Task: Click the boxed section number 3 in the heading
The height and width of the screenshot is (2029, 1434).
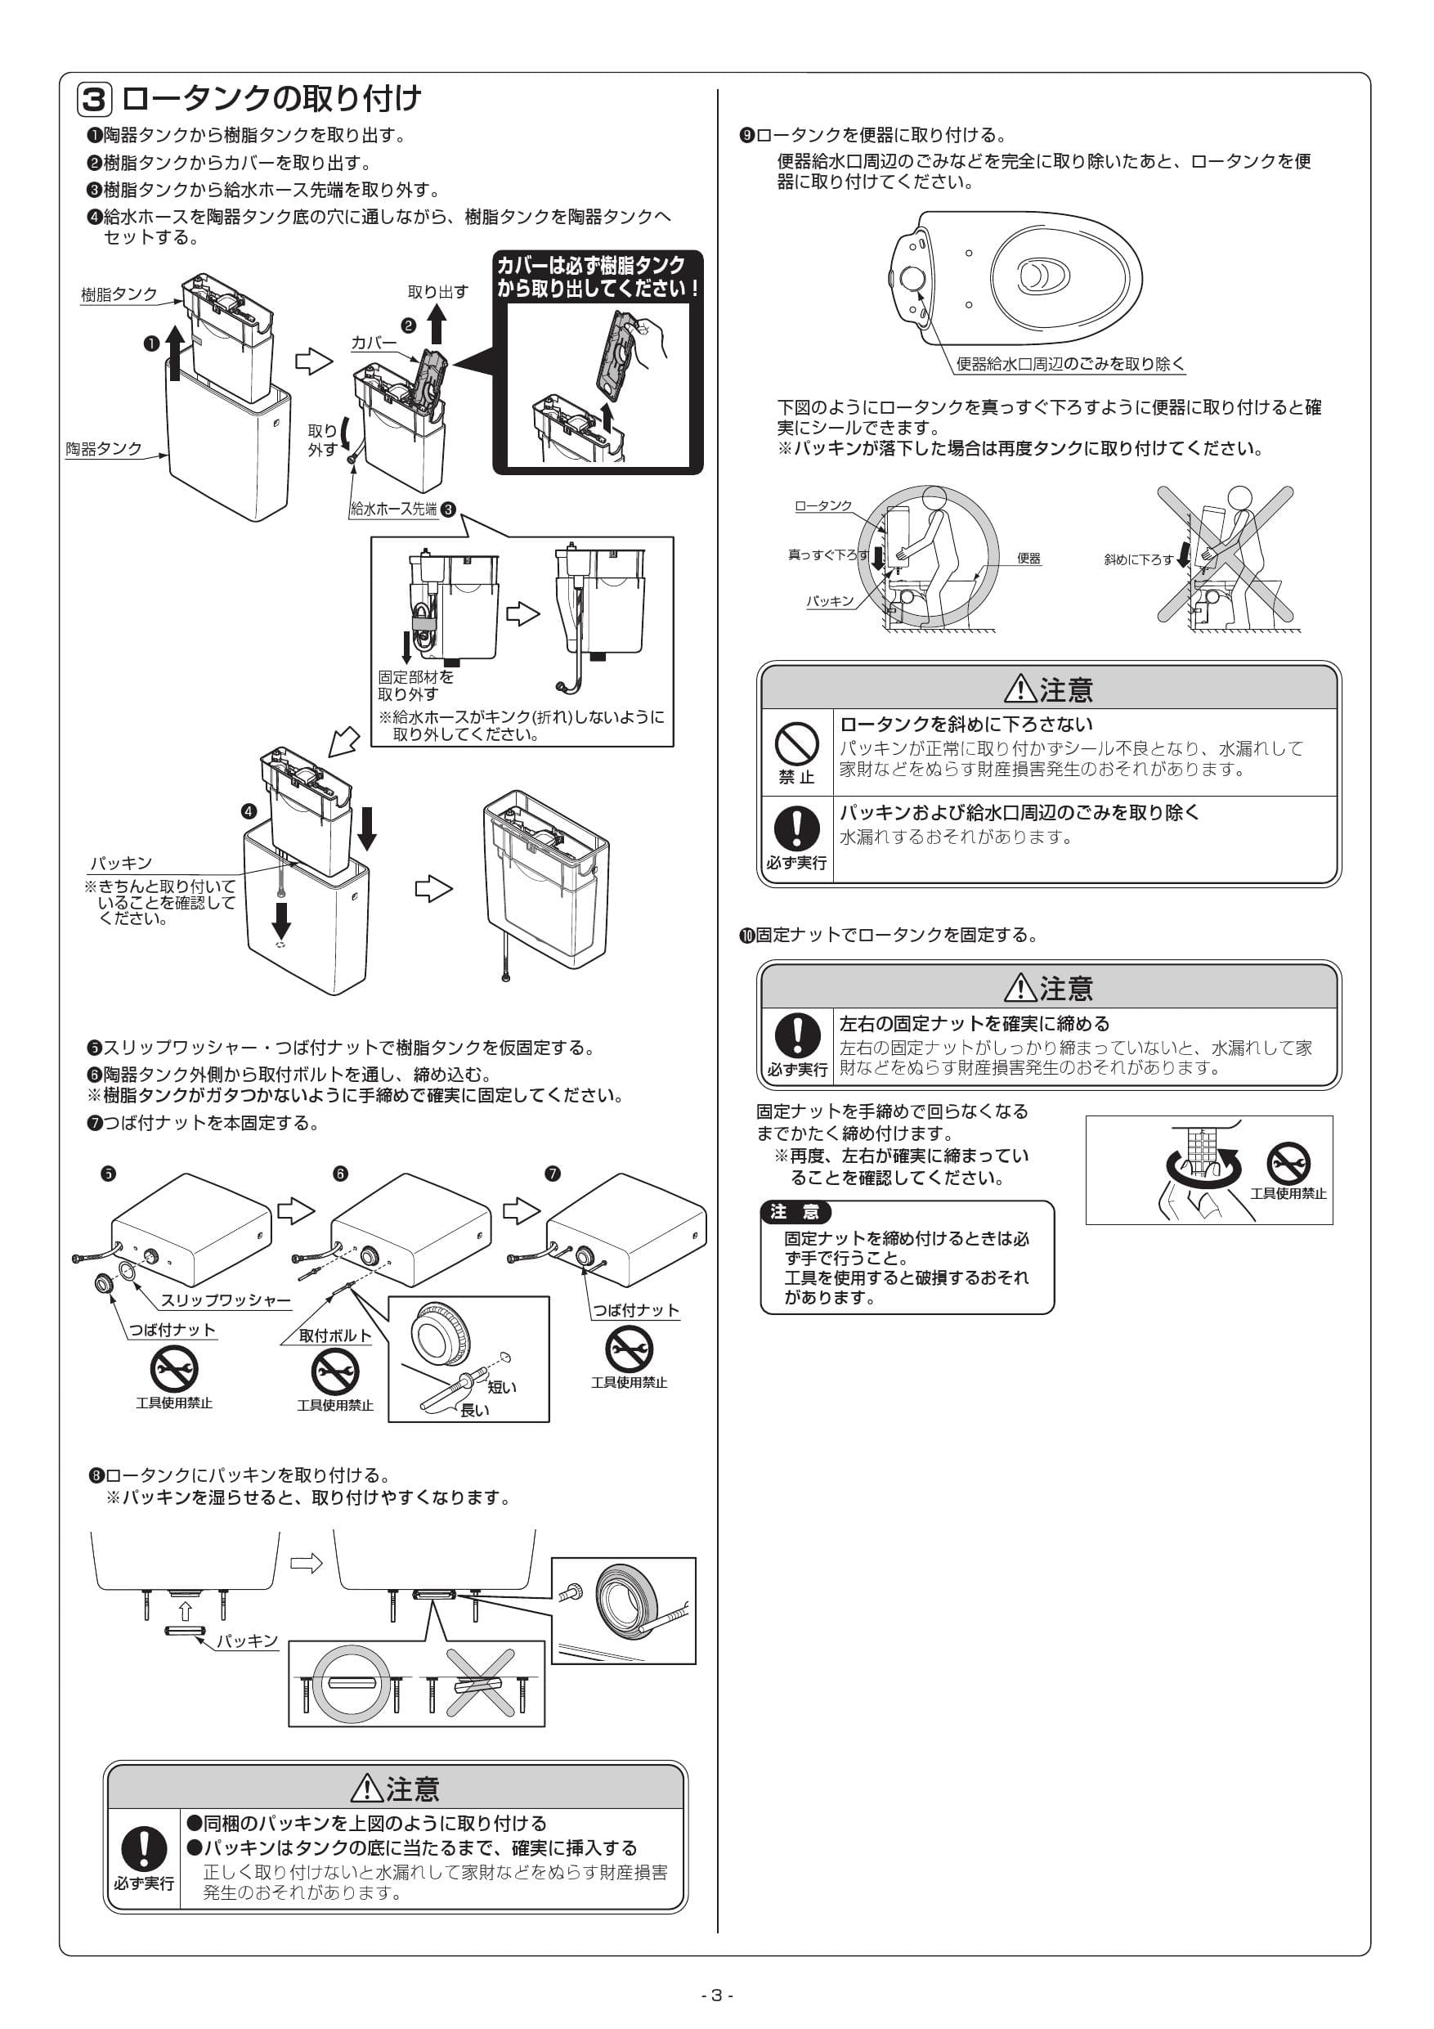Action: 94,100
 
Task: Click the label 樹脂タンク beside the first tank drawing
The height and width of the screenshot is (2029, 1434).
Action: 119,294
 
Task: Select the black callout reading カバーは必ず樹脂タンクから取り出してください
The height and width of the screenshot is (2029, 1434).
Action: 598,276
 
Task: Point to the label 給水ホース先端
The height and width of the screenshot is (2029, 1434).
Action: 394,509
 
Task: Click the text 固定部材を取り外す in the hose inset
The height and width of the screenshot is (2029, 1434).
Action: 415,685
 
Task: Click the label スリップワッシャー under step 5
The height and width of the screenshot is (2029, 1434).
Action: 226,1300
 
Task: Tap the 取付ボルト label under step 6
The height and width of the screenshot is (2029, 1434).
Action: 335,1335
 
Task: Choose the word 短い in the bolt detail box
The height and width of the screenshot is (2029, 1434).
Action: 502,1386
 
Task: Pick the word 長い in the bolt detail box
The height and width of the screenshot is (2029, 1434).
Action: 474,1411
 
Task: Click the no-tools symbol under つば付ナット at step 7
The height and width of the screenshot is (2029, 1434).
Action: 628,1350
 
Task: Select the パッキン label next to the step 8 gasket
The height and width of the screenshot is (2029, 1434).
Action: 248,1641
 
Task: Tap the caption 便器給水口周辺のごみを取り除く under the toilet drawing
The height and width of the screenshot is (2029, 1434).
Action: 1070,364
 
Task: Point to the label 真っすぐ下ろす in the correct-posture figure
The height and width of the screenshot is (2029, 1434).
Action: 828,555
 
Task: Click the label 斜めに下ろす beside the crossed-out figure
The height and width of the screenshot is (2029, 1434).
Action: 1138,559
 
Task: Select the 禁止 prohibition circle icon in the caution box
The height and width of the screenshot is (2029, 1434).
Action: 796,743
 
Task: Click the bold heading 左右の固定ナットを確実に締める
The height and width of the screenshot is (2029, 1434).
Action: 974,1023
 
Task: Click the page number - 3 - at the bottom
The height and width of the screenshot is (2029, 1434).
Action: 716,1995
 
